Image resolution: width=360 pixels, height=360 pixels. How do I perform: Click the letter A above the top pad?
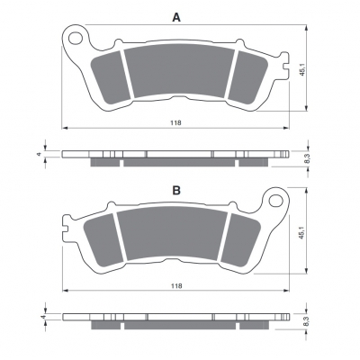click(176, 17)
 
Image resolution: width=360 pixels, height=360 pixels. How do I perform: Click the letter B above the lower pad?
click(176, 190)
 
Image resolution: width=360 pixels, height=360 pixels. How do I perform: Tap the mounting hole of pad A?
click(75, 38)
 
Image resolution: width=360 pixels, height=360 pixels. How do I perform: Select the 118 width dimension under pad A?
click(175, 122)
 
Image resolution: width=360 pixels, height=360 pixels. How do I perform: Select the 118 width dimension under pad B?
click(176, 286)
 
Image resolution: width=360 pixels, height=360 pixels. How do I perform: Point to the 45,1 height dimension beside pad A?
click(302, 69)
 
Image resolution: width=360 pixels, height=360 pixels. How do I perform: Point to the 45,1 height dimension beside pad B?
click(302, 232)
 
